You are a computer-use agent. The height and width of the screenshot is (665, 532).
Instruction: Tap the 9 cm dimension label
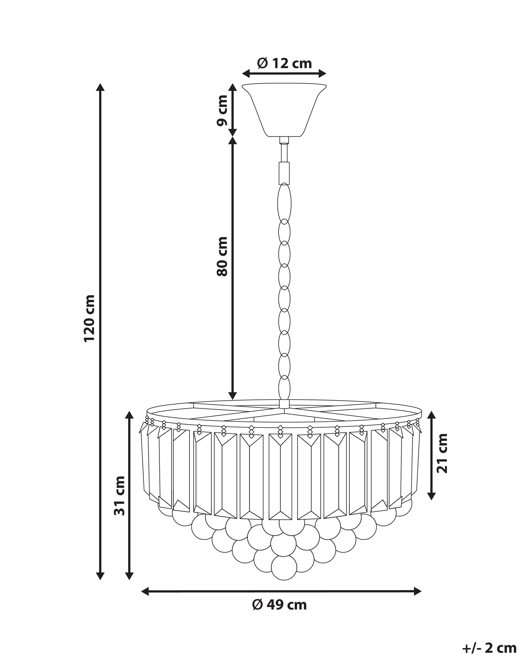[x=222, y=111]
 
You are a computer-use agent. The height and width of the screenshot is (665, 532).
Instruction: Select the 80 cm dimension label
[x=222, y=256]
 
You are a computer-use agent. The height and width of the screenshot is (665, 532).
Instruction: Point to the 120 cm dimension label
[x=89, y=318]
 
